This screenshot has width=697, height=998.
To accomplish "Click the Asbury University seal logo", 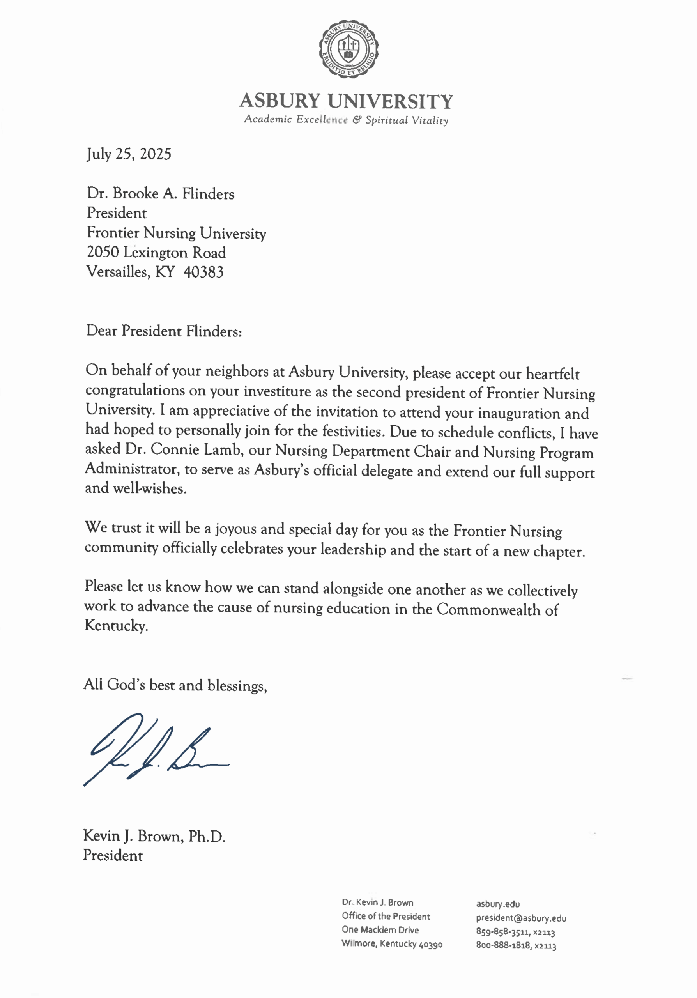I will click(x=348, y=49).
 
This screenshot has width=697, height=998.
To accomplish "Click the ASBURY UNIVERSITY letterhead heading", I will click(x=346, y=101).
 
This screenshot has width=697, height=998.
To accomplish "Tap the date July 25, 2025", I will click(x=129, y=154).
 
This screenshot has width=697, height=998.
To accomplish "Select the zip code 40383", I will click(x=203, y=273).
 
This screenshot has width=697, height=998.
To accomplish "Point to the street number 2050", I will click(x=103, y=253).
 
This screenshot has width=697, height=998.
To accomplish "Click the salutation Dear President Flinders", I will click(x=164, y=331).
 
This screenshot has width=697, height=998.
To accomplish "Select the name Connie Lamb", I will click(x=196, y=449).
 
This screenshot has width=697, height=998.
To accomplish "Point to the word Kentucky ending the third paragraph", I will click(x=116, y=626).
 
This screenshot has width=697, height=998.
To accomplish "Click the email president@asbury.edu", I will click(x=521, y=918).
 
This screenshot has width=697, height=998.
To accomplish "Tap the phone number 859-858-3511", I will click(x=502, y=932).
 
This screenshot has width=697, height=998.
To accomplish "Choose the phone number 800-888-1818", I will click(x=502, y=945).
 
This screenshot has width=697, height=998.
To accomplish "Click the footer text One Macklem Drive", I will click(x=380, y=930).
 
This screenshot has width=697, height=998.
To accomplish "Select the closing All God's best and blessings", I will click(x=175, y=685).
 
